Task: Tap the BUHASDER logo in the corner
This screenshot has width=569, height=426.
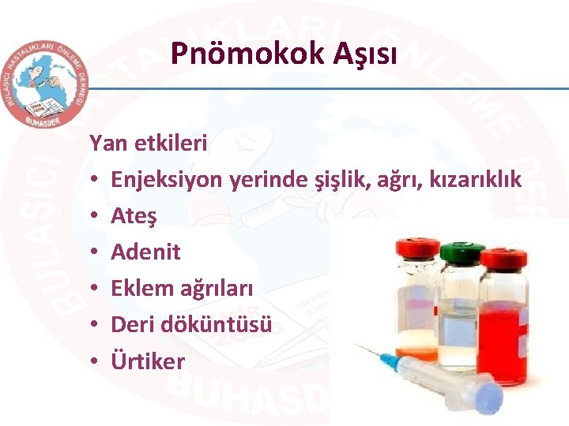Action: click(x=44, y=82)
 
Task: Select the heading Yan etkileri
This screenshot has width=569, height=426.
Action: click(x=149, y=144)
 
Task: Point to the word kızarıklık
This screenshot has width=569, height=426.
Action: click(x=475, y=180)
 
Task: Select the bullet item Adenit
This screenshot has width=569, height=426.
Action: click(x=145, y=252)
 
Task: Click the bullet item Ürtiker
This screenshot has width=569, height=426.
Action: click(x=147, y=361)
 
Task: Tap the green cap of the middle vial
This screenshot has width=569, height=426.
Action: click(x=462, y=254)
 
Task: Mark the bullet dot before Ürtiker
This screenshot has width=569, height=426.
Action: click(x=94, y=362)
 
